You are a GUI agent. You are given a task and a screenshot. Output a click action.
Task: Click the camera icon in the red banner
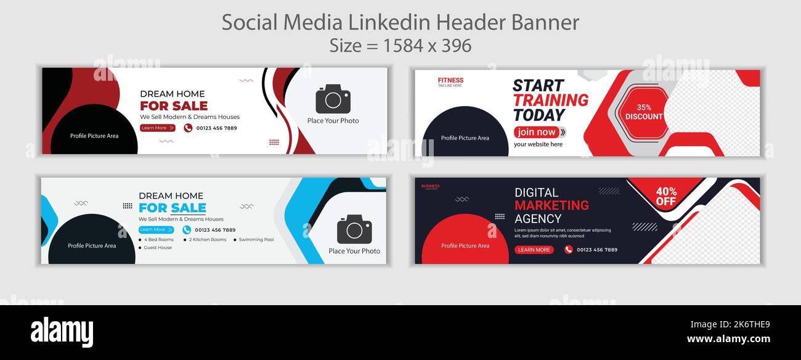click(x=333, y=99)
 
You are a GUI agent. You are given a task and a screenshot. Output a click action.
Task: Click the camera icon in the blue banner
click(x=354, y=229)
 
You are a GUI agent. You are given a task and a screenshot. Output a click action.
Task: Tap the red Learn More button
click(x=157, y=128)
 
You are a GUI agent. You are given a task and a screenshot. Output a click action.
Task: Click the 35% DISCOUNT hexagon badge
click(x=644, y=112)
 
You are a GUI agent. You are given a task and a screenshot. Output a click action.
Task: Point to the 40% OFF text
click(x=666, y=197)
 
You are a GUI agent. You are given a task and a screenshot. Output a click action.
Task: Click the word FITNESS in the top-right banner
click(x=450, y=81)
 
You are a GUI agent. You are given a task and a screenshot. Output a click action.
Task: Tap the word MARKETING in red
click(x=551, y=205)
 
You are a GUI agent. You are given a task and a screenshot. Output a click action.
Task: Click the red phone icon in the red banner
click(x=188, y=128)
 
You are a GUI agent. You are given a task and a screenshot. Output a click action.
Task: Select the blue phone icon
click(x=187, y=230)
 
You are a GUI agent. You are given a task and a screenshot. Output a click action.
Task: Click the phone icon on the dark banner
click(x=568, y=250)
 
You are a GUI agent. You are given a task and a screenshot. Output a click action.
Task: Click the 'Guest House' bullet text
click(x=158, y=248)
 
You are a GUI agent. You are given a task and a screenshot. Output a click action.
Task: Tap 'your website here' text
click(x=538, y=144)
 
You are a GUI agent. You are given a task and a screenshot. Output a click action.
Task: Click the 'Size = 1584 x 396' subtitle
click(x=400, y=46)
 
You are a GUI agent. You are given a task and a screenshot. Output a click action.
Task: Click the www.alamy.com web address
click(x=728, y=339)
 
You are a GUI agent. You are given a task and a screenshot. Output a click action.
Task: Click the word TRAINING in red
click(x=550, y=100)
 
